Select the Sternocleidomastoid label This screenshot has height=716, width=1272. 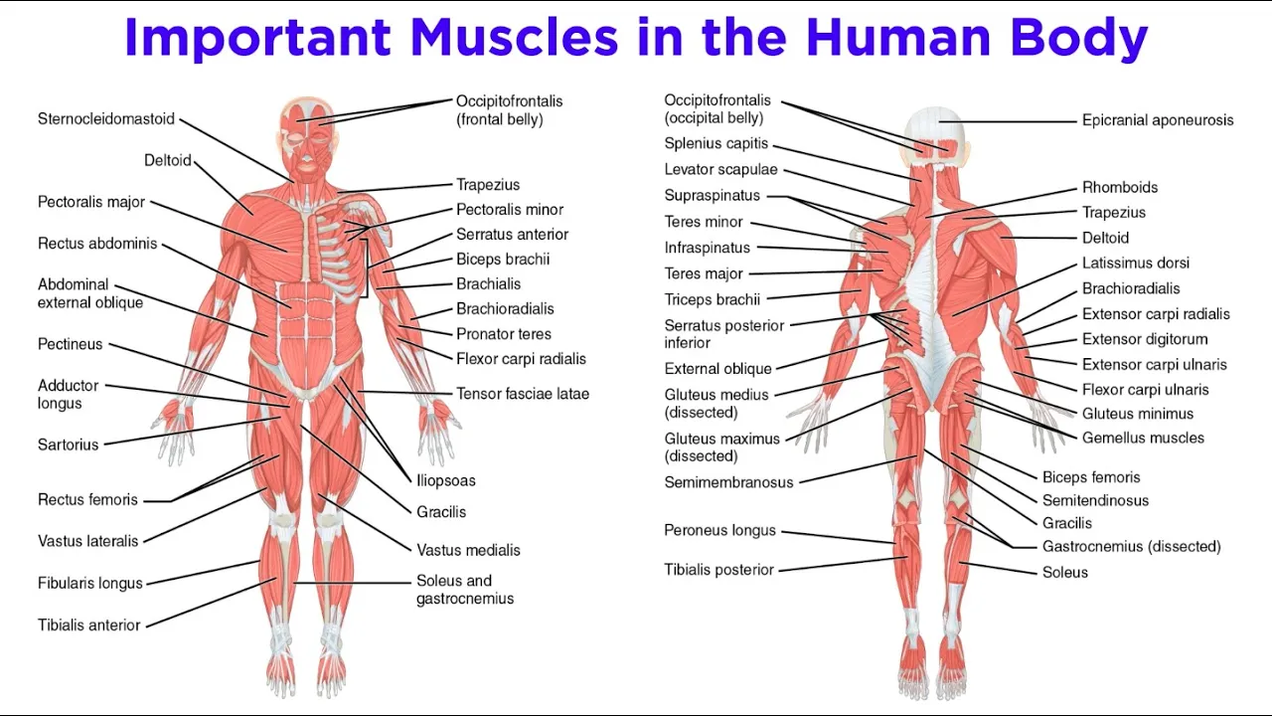click(x=106, y=119)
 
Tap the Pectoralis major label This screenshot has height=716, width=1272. click(x=91, y=203)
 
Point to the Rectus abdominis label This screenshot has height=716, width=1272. click(x=97, y=244)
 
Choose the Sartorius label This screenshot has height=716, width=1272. click(x=69, y=445)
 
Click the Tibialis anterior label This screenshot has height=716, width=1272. click(x=89, y=626)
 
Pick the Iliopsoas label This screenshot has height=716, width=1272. click(x=446, y=481)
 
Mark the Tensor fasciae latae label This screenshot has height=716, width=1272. click(x=523, y=394)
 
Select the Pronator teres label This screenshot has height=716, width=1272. click(x=504, y=334)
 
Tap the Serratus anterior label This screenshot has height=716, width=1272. click(x=513, y=235)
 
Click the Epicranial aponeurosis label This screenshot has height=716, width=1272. click(x=1158, y=120)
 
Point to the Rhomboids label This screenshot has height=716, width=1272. click(x=1120, y=188)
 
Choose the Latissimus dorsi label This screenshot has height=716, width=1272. click(x=1136, y=264)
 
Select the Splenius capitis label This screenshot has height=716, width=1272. click(x=716, y=144)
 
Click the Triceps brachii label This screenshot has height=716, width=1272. click(x=713, y=299)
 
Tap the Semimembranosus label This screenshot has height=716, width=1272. click(x=729, y=482)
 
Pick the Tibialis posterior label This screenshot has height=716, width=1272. click(x=719, y=570)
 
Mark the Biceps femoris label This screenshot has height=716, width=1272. click(x=1091, y=477)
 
